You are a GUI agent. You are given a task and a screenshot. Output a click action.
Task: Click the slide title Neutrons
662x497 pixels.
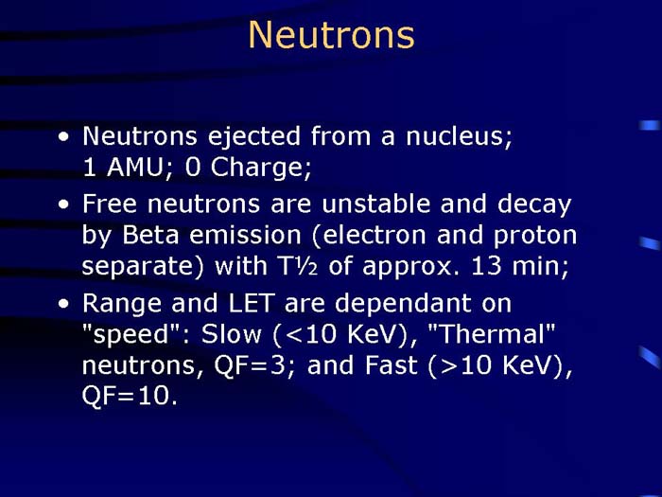[x=331, y=35]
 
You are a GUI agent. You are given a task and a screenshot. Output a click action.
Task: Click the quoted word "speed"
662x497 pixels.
[x=128, y=334]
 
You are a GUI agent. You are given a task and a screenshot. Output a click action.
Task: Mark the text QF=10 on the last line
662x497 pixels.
[x=129, y=398]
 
